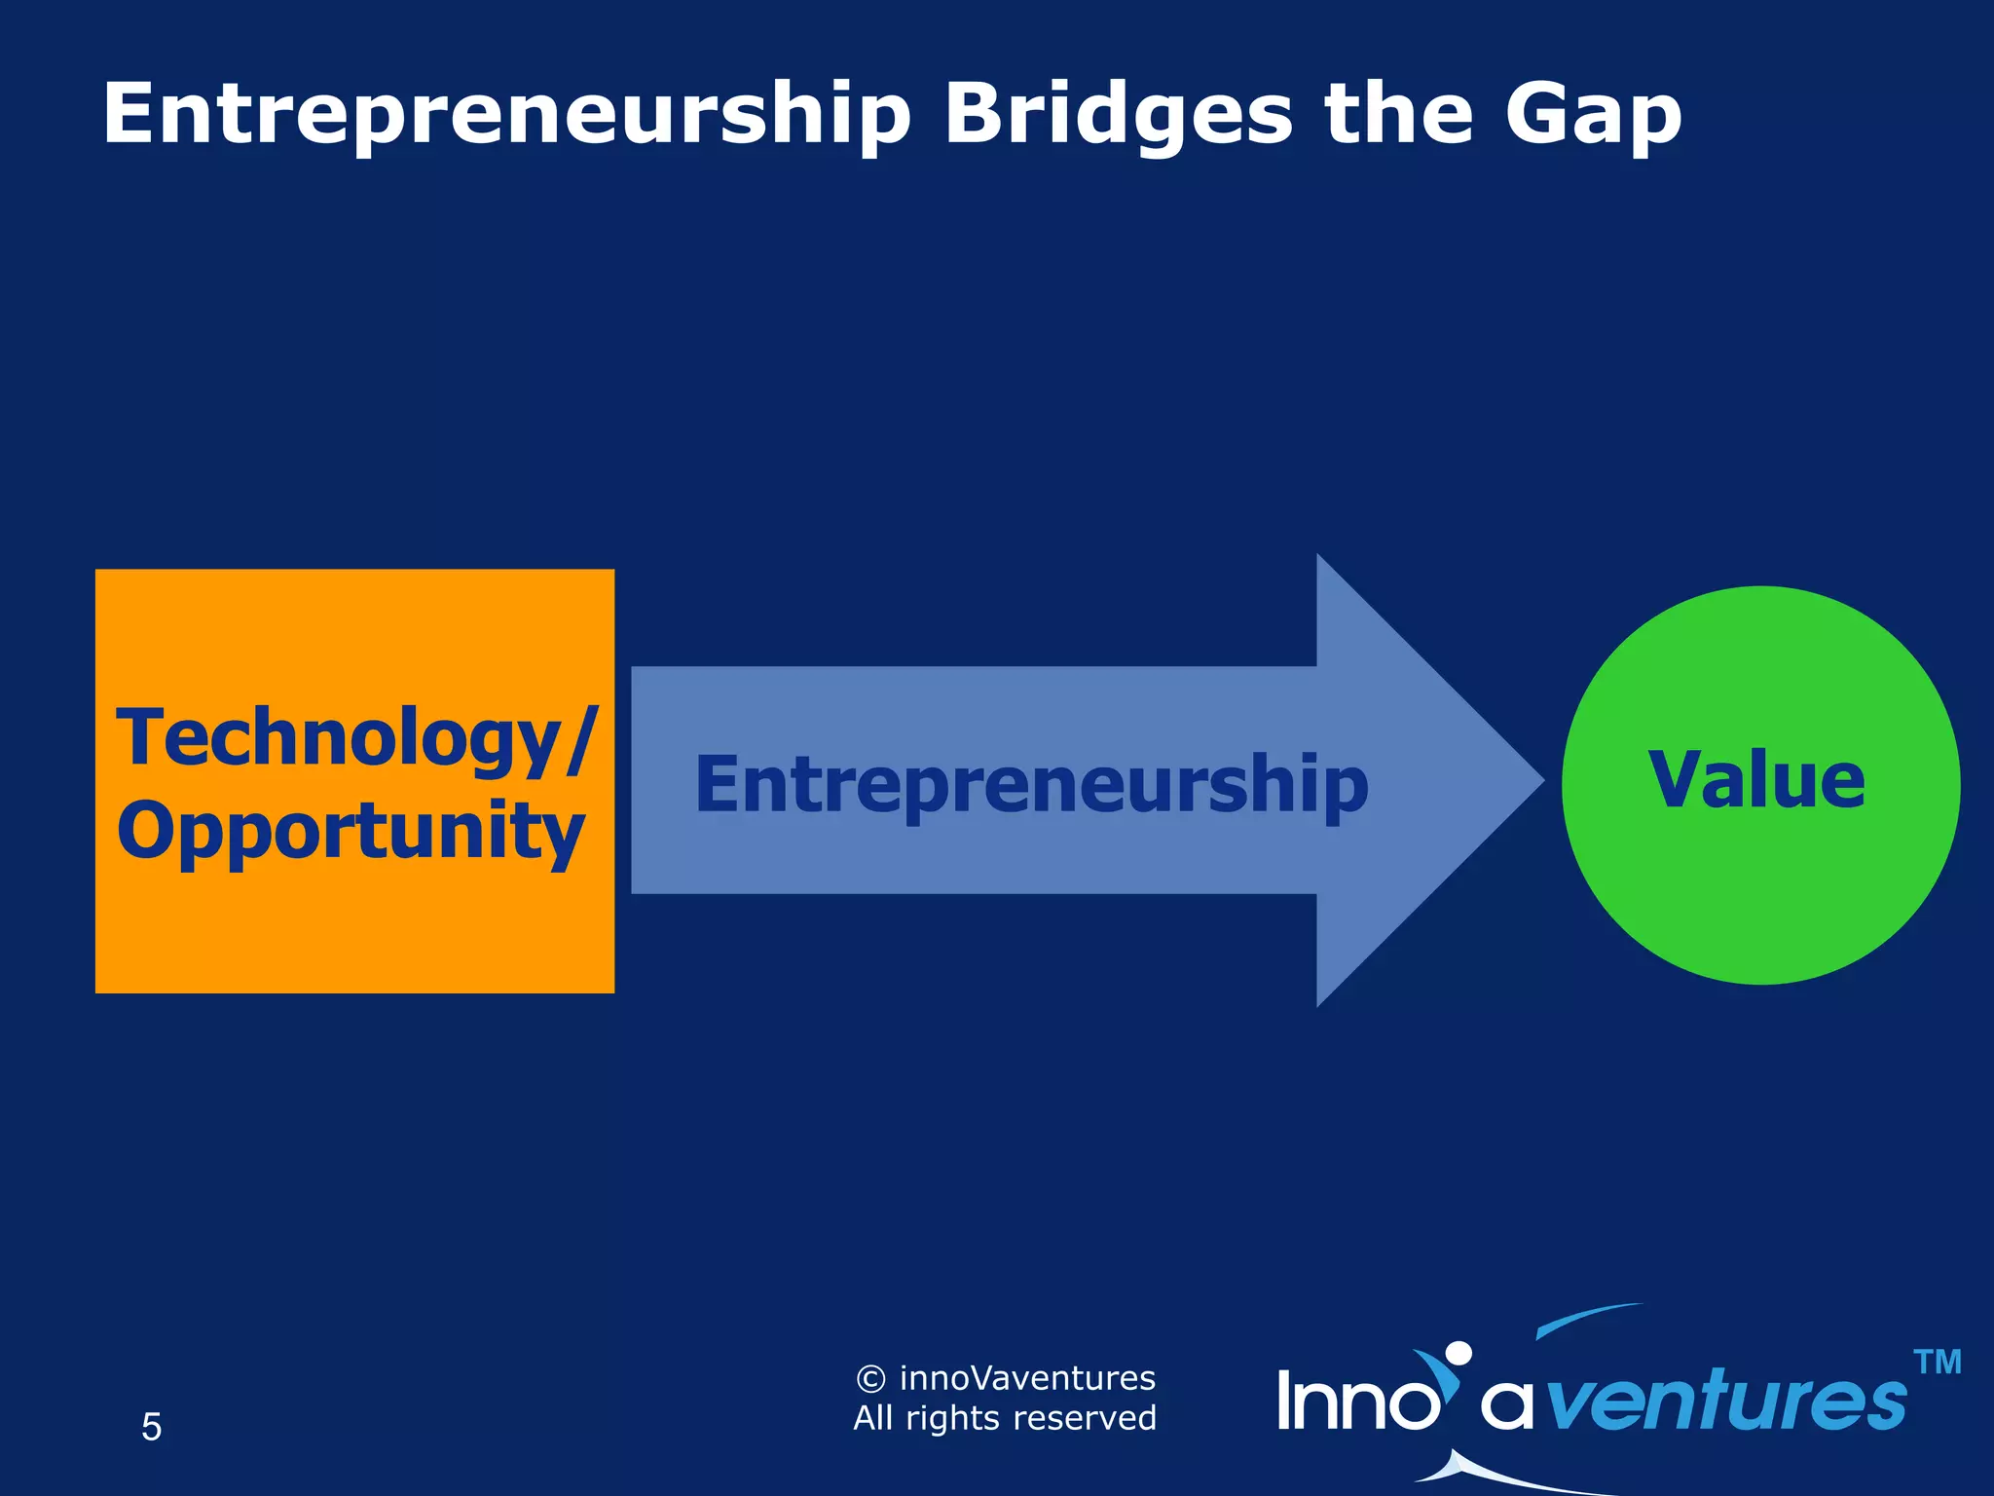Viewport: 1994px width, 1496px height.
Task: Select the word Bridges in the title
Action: (x=1118, y=115)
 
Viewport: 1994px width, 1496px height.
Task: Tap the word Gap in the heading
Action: (x=1593, y=115)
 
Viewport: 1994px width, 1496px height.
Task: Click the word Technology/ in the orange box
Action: (x=356, y=738)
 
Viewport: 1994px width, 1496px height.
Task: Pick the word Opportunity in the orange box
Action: (x=351, y=831)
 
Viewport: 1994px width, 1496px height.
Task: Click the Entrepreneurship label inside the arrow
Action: (x=1032, y=785)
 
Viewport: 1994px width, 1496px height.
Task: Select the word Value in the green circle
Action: (x=1757, y=780)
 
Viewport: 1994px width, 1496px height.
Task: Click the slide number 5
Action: (x=151, y=1427)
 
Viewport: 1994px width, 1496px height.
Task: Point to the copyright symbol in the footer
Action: (x=870, y=1379)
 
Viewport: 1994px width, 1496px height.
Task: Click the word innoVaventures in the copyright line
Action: (x=1027, y=1378)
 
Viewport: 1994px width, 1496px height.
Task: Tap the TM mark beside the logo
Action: (x=1937, y=1362)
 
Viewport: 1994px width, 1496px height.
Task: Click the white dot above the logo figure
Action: (x=1458, y=1354)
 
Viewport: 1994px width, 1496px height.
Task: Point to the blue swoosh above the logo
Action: (x=1587, y=1320)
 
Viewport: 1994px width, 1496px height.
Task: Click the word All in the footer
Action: (x=873, y=1418)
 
